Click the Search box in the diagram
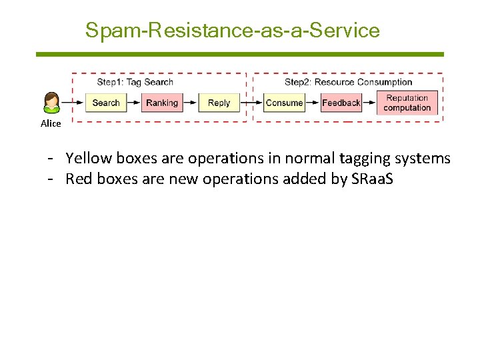pos(106,103)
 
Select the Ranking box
pos(162,103)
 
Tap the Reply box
pos(219,103)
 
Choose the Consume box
pos(284,103)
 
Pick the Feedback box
pos(341,103)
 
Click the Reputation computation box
pos(407,103)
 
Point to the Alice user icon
pos(51,103)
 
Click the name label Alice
pos(51,123)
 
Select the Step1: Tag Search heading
pos(135,82)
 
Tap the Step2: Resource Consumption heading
pos(348,82)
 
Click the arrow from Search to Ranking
pos(133,103)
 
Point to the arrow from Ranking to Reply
pos(190,103)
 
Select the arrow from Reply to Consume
pos(251,103)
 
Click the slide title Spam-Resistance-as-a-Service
pos(232,31)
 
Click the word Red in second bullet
pos(78,179)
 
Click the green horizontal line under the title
pos(239,54)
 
